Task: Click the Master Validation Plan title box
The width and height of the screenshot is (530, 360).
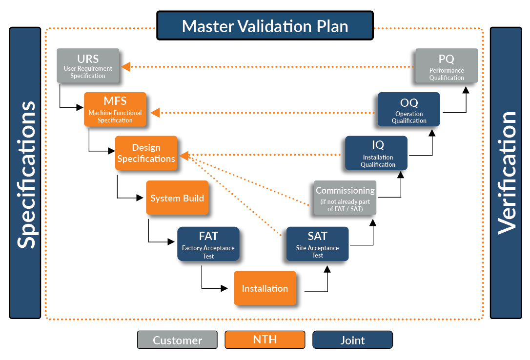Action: pyautogui.click(x=265, y=25)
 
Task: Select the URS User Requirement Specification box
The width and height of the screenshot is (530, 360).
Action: pyautogui.click(x=88, y=65)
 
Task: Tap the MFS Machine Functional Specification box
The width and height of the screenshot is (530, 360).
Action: pyautogui.click(x=115, y=109)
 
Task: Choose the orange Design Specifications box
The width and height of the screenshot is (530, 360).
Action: pyautogui.click(x=146, y=153)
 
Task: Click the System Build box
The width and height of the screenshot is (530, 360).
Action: pyautogui.click(x=177, y=198)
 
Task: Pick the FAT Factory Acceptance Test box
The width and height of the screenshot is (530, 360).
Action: pyautogui.click(x=208, y=243)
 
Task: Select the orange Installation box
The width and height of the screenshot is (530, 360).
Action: pyautogui.click(x=265, y=288)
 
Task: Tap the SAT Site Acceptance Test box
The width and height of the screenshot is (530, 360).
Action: pyautogui.click(x=317, y=243)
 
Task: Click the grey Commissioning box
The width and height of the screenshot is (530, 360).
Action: pyautogui.click(x=345, y=198)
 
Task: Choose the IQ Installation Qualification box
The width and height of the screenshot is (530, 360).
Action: pyautogui.click(x=376, y=153)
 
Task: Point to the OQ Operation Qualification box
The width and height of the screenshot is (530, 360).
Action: pyautogui.click(x=409, y=109)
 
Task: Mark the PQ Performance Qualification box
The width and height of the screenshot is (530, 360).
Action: pyautogui.click(x=447, y=65)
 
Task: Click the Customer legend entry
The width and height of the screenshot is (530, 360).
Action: pyautogui.click(x=177, y=340)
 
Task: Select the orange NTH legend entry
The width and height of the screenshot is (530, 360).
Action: pyautogui.click(x=265, y=340)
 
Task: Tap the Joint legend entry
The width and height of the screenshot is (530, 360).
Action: pyautogui.click(x=352, y=340)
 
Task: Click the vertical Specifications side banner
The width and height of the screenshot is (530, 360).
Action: pyautogui.click(x=25, y=173)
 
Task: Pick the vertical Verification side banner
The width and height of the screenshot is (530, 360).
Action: pyautogui.click(x=506, y=173)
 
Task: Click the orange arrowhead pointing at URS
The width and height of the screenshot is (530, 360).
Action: pyautogui.click(x=125, y=66)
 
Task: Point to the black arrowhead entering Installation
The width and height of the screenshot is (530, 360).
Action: pyautogui.click(x=224, y=288)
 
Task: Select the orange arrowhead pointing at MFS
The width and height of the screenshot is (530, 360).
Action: pyautogui.click(x=155, y=113)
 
